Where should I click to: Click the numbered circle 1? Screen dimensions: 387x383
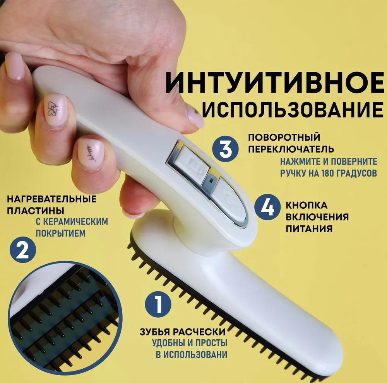coord(158,304)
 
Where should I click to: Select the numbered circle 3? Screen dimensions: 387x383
coord(225,149)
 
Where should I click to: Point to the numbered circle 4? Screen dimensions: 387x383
coord(267,207)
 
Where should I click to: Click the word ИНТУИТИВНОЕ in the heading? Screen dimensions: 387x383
coord(275,83)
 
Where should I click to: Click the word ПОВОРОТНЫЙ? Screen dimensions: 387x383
coord(284,137)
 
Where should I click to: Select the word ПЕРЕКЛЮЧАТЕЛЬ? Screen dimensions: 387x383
coord(291,149)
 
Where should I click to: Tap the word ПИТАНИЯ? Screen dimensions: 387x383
coord(309,229)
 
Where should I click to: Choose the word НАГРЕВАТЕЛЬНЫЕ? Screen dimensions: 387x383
coord(51,199)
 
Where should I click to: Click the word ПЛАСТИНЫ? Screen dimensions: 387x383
coord(36,211)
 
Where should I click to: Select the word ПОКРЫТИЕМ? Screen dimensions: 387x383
coord(60,233)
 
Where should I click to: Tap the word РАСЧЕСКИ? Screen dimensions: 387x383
coord(199,332)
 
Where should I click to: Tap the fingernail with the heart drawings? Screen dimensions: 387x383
coord(55,109)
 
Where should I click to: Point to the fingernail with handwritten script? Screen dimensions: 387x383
coord(90,153)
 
